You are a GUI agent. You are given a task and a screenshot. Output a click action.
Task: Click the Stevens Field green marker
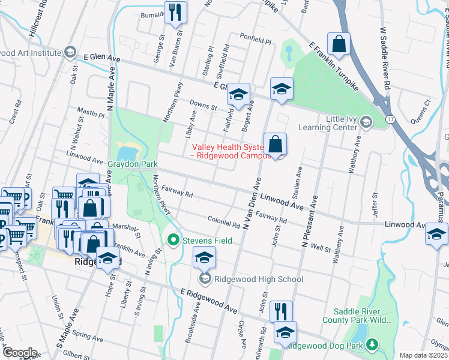pyautogui.click(x=174, y=241)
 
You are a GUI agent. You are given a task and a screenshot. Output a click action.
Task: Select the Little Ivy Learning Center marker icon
pyautogui.click(x=366, y=123)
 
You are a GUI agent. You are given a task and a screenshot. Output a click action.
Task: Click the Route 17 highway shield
pyautogui.click(x=390, y=119)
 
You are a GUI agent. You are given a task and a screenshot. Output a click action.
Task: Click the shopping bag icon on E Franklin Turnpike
pyautogui.click(x=339, y=44)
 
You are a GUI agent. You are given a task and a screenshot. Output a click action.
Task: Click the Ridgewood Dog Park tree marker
pyautogui.click(x=372, y=344)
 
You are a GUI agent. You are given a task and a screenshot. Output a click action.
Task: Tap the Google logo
pyautogui.click(x=19, y=353)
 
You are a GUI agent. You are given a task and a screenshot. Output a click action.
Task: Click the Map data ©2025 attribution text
pyautogui.click(x=423, y=355)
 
